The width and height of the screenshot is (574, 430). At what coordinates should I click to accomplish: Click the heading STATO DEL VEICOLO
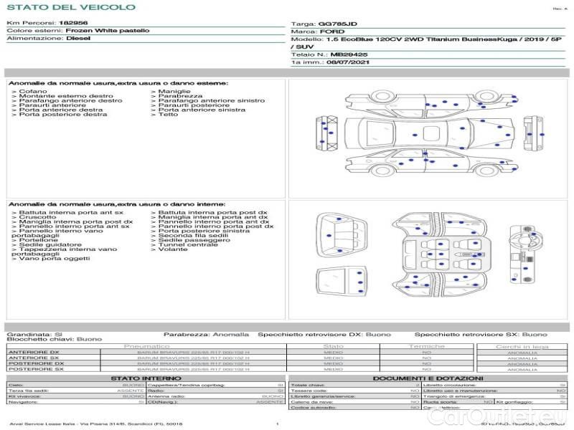(x=70, y=7)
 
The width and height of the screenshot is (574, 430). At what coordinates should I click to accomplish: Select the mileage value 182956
(x=73, y=24)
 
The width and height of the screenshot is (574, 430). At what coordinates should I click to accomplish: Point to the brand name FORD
(x=333, y=32)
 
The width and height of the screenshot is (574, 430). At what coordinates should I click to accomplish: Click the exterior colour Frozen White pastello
(x=108, y=32)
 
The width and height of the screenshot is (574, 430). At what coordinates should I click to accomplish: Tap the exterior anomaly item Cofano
(x=34, y=92)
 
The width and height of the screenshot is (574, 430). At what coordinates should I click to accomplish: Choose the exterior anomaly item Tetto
(x=168, y=115)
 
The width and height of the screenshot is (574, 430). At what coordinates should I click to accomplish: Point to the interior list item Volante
(x=173, y=249)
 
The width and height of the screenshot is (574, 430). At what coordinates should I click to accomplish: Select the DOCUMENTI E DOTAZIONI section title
(x=428, y=378)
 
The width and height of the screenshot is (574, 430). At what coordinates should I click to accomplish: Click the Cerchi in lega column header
(x=522, y=346)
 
